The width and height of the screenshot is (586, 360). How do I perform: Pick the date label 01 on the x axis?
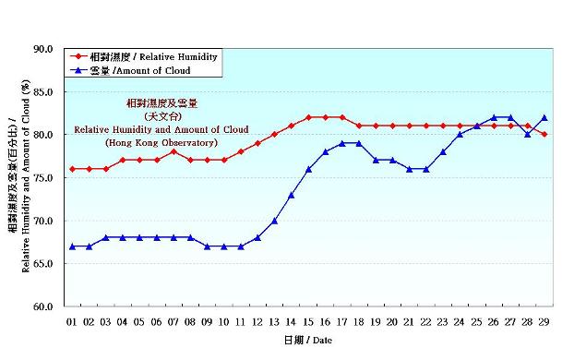[72, 321]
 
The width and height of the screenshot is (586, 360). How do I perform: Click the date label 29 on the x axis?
[544, 321]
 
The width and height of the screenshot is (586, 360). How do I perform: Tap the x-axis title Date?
[307, 341]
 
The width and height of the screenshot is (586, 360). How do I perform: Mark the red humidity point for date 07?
[173, 151]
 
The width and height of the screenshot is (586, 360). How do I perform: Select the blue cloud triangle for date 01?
[72, 246]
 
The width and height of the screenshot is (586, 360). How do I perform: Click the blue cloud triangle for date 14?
[292, 195]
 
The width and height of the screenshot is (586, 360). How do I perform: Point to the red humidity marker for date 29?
[544, 135]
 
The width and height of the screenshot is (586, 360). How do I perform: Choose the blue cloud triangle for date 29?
[544, 117]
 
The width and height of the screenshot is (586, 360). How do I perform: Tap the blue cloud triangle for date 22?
[426, 169]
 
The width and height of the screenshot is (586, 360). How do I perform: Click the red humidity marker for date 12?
[257, 143]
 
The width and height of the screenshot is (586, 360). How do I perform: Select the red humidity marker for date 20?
[392, 126]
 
